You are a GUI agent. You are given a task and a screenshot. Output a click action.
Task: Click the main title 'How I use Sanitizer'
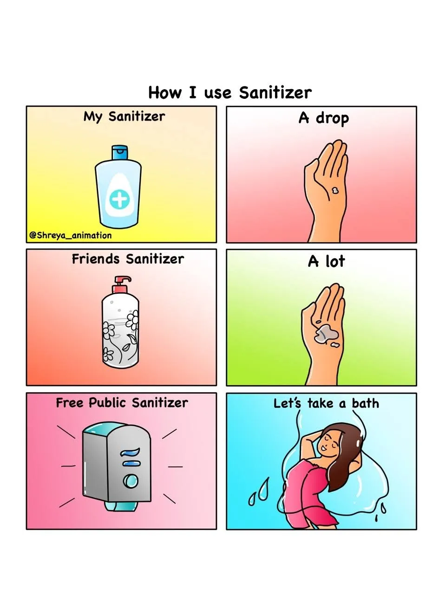(230, 92)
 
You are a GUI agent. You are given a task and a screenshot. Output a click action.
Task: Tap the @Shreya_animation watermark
(71, 235)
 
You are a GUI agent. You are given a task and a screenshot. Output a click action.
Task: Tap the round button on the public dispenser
(130, 481)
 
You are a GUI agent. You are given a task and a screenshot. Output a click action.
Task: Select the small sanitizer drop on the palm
(334, 190)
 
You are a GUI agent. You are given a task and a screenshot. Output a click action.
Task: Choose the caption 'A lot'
(326, 261)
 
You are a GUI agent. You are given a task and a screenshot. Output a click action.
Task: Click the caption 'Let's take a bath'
(326, 403)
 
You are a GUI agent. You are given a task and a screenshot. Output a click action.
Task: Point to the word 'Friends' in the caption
(96, 259)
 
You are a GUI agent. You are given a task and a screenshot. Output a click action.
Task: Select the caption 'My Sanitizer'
(124, 116)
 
